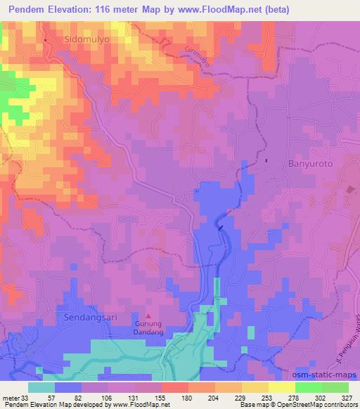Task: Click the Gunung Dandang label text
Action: coord(148,330)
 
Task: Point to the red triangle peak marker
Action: coord(148,317)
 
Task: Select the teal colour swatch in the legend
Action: coord(41,387)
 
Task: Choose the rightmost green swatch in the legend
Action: coord(335,387)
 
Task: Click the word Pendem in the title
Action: coord(32,11)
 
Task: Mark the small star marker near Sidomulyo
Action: coord(46,40)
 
